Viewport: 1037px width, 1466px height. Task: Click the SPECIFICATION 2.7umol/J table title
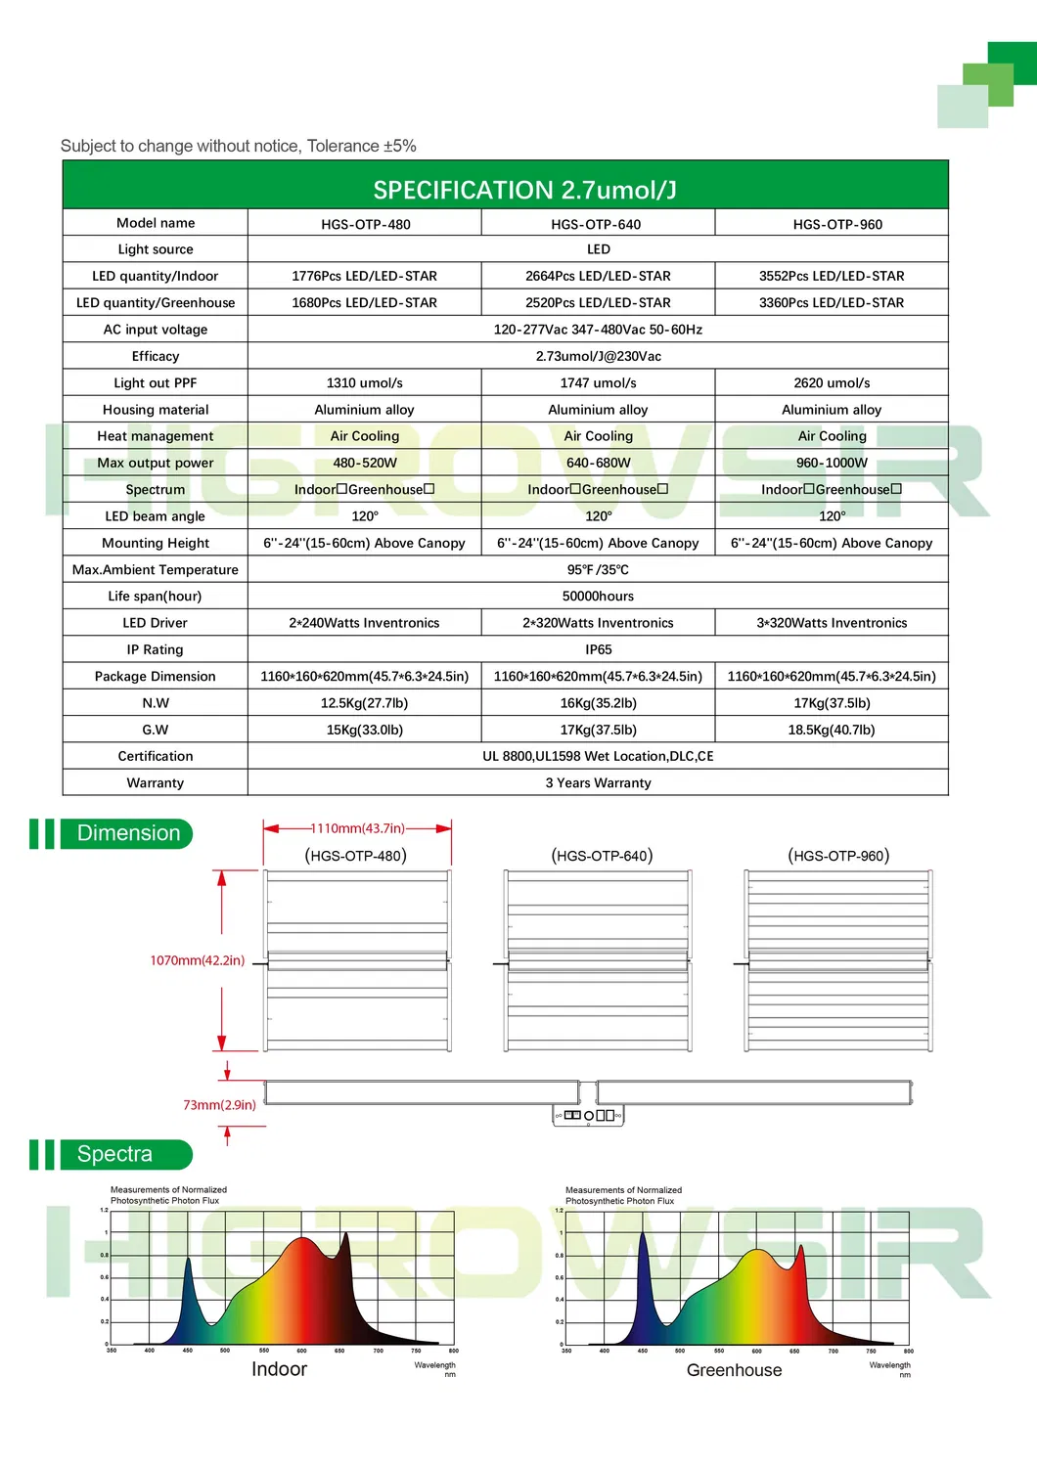(x=524, y=190)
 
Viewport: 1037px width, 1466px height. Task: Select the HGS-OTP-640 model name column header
(x=596, y=224)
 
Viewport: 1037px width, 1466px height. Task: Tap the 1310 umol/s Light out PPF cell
(x=365, y=383)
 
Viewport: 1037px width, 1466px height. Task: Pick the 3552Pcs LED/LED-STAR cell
(x=832, y=276)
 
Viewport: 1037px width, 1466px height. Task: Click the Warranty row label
(x=155, y=782)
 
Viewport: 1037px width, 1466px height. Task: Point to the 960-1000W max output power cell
(x=832, y=463)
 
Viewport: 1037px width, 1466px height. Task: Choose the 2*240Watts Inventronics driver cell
(x=364, y=623)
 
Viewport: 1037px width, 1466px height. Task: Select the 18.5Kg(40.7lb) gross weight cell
(x=832, y=730)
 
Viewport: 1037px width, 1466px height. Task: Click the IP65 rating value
(x=598, y=649)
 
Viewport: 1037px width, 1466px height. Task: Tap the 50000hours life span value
(x=598, y=597)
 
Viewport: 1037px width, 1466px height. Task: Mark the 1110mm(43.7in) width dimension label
(x=357, y=828)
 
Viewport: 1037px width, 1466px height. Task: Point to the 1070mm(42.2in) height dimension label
(x=197, y=960)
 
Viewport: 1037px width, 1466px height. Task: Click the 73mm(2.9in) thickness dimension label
(x=219, y=1105)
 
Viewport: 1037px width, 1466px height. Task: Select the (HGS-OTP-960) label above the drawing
(x=838, y=856)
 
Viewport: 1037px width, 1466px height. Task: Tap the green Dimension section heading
(x=128, y=833)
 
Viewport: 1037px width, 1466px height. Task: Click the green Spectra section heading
(x=115, y=1154)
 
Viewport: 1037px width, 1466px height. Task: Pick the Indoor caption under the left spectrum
(x=279, y=1369)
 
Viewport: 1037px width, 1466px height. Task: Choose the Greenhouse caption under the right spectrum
(x=734, y=1370)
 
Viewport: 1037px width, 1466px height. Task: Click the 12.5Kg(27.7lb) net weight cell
(x=364, y=703)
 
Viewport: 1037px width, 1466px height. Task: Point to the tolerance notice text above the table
(x=239, y=147)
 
